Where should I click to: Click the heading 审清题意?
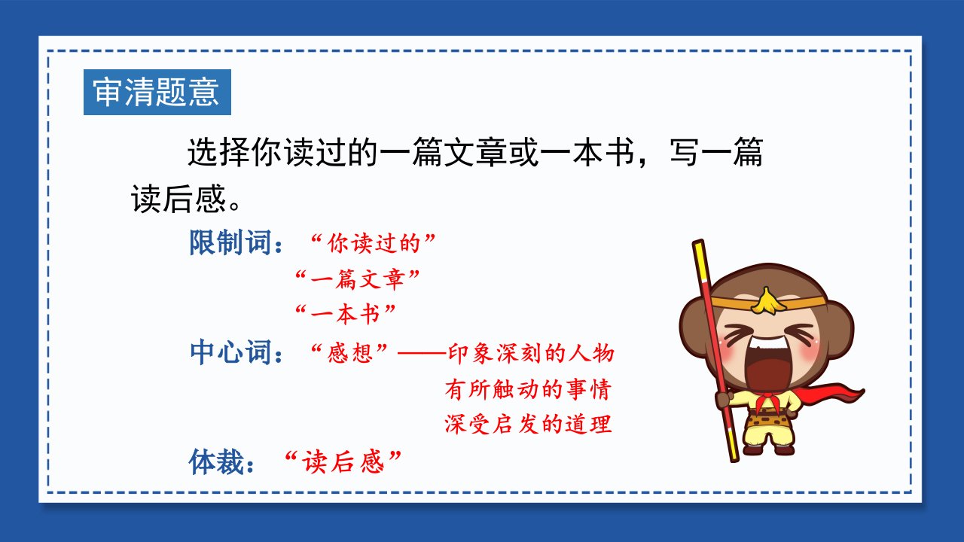[x=157, y=92]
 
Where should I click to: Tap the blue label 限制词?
[x=230, y=243]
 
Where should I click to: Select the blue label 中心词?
[x=230, y=352]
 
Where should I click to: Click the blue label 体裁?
[x=216, y=462]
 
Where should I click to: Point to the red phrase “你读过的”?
[x=373, y=243]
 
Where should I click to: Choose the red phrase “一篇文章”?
[x=357, y=279]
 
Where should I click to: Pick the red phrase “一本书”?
[x=345, y=314]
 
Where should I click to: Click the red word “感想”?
[x=349, y=353]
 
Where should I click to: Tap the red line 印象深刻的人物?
[x=531, y=353]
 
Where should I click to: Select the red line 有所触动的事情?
[x=528, y=389]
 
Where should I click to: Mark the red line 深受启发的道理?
[x=528, y=424]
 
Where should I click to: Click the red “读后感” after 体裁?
[x=343, y=462]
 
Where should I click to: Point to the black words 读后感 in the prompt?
[x=178, y=199]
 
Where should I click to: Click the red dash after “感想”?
[x=423, y=354]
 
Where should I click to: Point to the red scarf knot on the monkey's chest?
[x=767, y=402]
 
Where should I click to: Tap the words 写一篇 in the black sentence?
[x=716, y=152]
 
